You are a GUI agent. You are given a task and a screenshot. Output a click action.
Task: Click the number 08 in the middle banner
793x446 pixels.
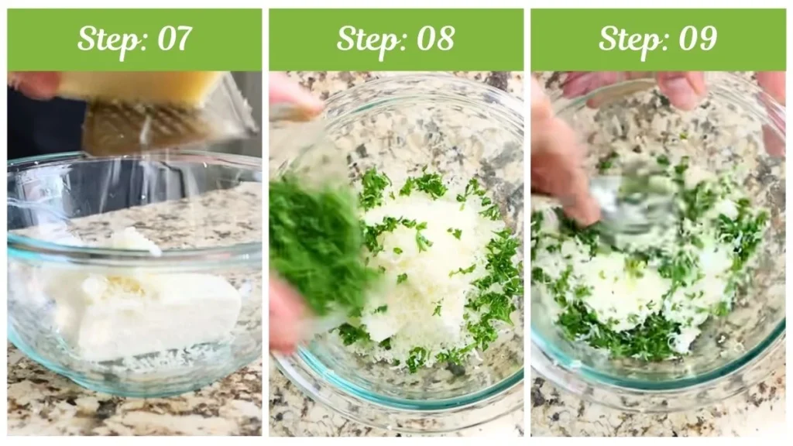(x=434, y=39)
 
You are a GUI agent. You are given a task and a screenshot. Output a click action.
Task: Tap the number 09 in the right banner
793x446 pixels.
(x=696, y=39)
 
